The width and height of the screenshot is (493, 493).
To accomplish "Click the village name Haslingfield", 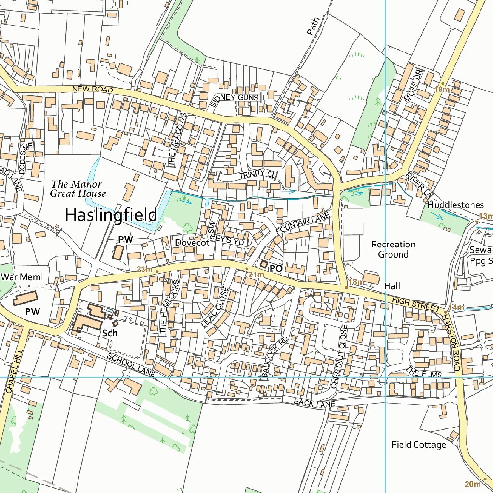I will (x=111, y=214).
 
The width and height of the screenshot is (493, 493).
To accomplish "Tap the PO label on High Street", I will (x=276, y=268).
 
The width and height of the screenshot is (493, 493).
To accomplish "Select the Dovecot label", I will (x=192, y=243).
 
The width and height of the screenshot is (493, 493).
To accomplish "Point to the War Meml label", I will (x=22, y=277).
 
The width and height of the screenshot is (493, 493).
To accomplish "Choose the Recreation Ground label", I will (x=393, y=249).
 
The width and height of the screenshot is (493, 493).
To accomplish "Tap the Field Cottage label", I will (x=419, y=444).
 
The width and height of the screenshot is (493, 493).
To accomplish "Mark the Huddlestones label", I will (x=456, y=205).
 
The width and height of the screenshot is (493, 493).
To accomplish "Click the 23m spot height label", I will (x=144, y=270).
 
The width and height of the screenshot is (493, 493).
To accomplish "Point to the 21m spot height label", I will (x=257, y=274).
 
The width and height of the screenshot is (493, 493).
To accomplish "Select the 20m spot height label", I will (x=473, y=483).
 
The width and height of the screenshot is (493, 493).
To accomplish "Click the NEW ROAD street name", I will (x=93, y=90).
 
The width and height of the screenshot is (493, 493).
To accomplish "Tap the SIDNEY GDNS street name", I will (x=235, y=98).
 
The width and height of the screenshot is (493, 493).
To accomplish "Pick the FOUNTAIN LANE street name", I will (x=302, y=224).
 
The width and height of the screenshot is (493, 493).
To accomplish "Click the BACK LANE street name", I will (x=314, y=403).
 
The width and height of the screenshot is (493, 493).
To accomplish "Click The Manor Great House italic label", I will (x=78, y=189).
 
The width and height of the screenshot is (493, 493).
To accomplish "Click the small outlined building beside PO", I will (x=264, y=264).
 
